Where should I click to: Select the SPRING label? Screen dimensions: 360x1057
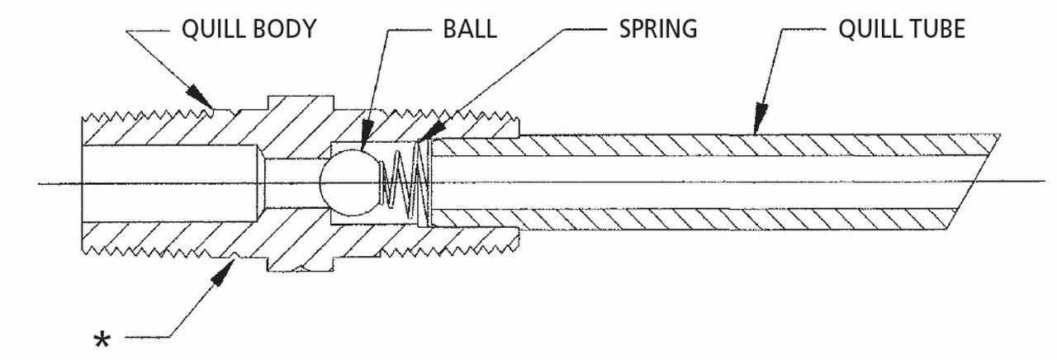[x=657, y=30]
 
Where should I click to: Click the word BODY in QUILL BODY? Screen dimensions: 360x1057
[x=285, y=30]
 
